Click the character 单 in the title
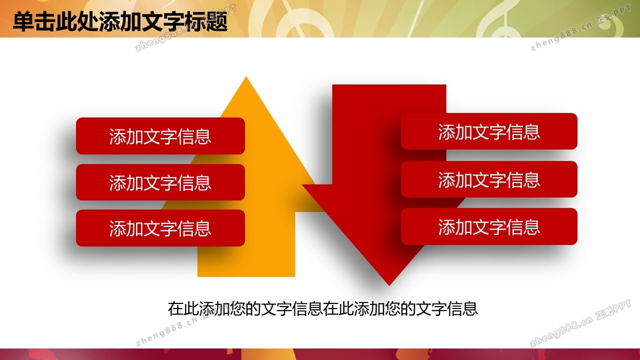click(x=23, y=21)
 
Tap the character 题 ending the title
click(x=216, y=21)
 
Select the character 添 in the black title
click(x=109, y=21)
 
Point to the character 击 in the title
click(x=45, y=21)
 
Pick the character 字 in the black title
click(x=173, y=21)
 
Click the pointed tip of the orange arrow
click(x=246, y=77)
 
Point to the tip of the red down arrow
click(x=389, y=285)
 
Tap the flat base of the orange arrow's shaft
click(x=246, y=276)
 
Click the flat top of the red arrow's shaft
click(x=389, y=85)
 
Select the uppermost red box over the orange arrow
click(x=160, y=136)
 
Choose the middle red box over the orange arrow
click(x=160, y=182)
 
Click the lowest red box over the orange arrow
click(x=160, y=228)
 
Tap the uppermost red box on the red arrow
click(x=489, y=131)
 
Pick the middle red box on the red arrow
click(x=489, y=179)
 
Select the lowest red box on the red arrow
click(x=489, y=226)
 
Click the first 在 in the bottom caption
click(x=175, y=309)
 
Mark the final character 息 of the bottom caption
click(x=470, y=309)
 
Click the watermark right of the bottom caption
click(x=580, y=323)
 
